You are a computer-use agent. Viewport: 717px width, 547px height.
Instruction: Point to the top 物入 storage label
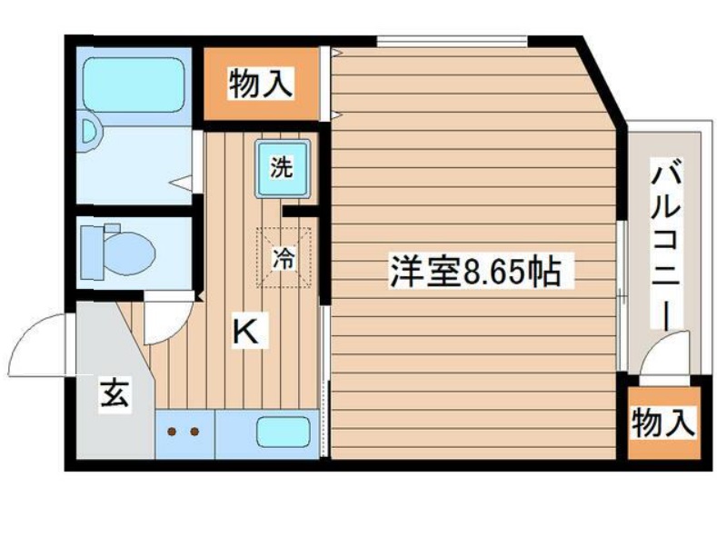click(x=261, y=83)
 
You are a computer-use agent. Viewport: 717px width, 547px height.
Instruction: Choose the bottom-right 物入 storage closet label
click(x=663, y=423)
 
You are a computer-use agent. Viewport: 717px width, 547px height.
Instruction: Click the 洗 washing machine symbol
click(x=282, y=168)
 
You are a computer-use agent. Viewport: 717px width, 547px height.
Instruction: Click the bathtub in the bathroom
click(x=133, y=84)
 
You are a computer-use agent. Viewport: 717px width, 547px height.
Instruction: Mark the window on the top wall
click(x=452, y=41)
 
